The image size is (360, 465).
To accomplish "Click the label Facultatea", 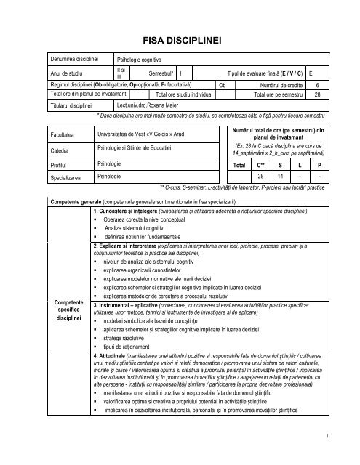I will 63,135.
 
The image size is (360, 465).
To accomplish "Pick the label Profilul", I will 58,166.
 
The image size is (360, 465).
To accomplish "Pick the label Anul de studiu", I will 65,73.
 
